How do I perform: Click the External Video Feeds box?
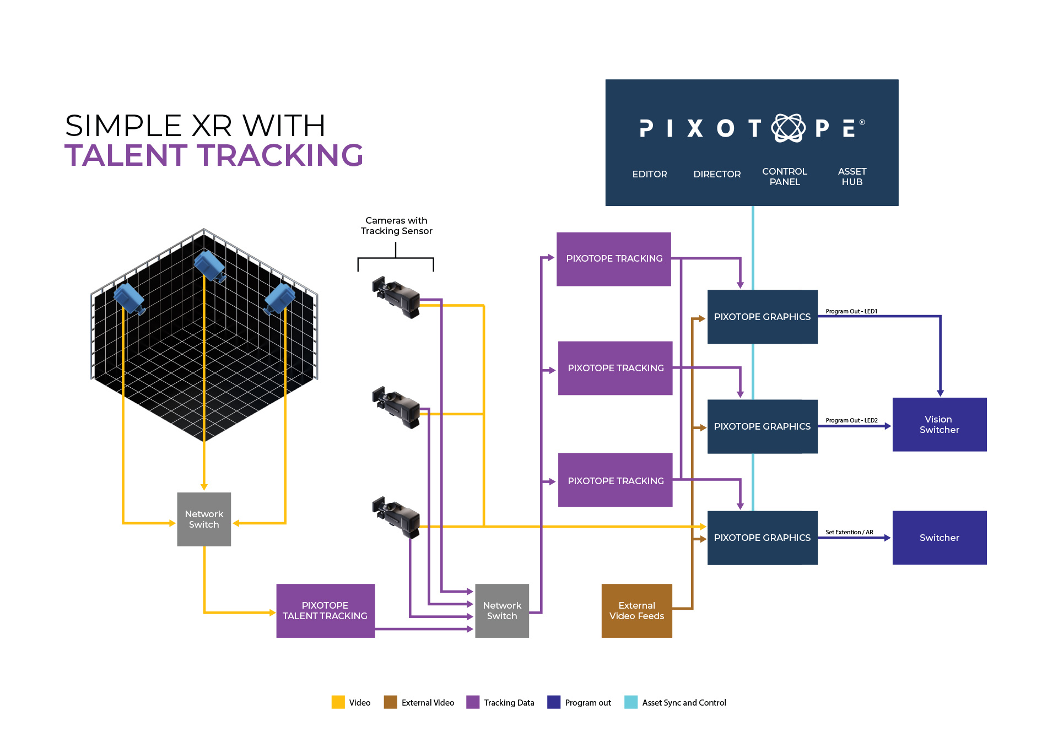click(x=636, y=610)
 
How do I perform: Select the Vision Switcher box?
click(x=939, y=424)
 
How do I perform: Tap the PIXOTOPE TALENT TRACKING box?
click(x=325, y=610)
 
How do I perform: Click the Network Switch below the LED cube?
click(x=204, y=519)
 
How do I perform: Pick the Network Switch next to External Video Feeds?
click(x=501, y=610)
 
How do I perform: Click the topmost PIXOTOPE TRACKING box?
click(x=614, y=258)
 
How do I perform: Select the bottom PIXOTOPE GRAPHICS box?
click(x=762, y=538)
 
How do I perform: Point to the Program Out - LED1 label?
click(x=851, y=311)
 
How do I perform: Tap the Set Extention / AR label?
click(x=849, y=532)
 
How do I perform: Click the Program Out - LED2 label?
click(x=851, y=420)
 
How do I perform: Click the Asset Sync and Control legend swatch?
click(x=630, y=702)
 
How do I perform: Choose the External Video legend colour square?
click(x=390, y=702)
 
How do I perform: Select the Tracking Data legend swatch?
click(x=472, y=702)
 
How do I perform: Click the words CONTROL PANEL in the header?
click(x=784, y=176)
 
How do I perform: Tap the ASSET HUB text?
click(x=851, y=176)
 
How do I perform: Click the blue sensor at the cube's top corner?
click(x=209, y=265)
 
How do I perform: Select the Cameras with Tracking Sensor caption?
click(x=396, y=226)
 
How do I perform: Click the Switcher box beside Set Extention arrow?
click(x=939, y=538)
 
